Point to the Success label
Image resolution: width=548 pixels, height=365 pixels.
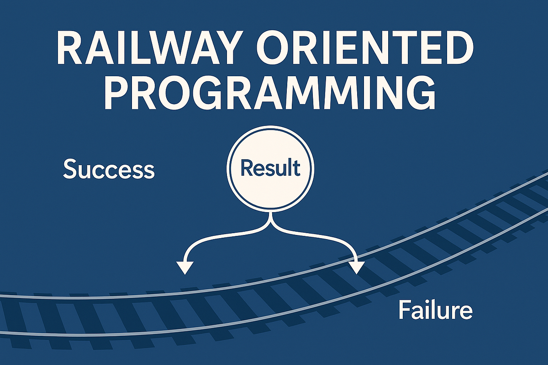pos(109,170)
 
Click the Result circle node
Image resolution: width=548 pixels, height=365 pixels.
pos(270,169)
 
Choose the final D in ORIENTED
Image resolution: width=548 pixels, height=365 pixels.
pos(457,48)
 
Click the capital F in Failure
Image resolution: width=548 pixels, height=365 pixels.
pos(404,310)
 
